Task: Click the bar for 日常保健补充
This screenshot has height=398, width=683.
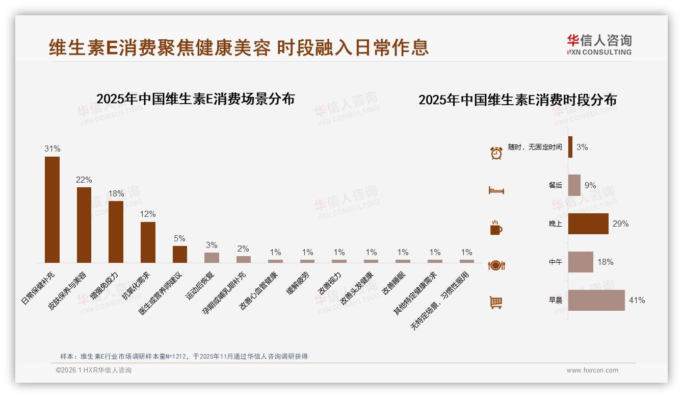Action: [52, 209]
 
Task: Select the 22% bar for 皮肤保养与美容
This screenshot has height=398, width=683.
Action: [84, 225]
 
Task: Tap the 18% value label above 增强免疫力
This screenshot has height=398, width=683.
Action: [116, 194]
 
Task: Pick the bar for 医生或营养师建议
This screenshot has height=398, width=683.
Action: [180, 254]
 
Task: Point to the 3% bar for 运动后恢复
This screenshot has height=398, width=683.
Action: [212, 257]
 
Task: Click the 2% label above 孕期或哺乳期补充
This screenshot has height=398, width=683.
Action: [243, 249]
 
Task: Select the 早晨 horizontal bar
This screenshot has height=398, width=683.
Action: [596, 300]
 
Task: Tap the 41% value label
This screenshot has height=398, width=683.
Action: [637, 300]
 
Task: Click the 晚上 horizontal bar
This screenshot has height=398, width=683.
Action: [588, 223]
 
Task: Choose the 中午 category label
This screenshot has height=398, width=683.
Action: [555, 262]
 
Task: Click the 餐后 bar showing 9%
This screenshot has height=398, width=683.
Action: [574, 185]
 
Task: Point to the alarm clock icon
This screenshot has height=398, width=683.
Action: [496, 153]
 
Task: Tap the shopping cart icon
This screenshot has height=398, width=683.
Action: [496, 302]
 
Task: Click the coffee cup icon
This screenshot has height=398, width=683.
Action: [496, 228]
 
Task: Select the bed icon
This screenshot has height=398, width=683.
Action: [496, 190]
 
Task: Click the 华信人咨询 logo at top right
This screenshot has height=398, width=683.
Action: [599, 44]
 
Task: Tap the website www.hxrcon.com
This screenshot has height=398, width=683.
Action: [592, 370]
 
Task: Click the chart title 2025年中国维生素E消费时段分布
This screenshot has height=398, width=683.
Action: [517, 100]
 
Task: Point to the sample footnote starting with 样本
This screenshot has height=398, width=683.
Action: [183, 356]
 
